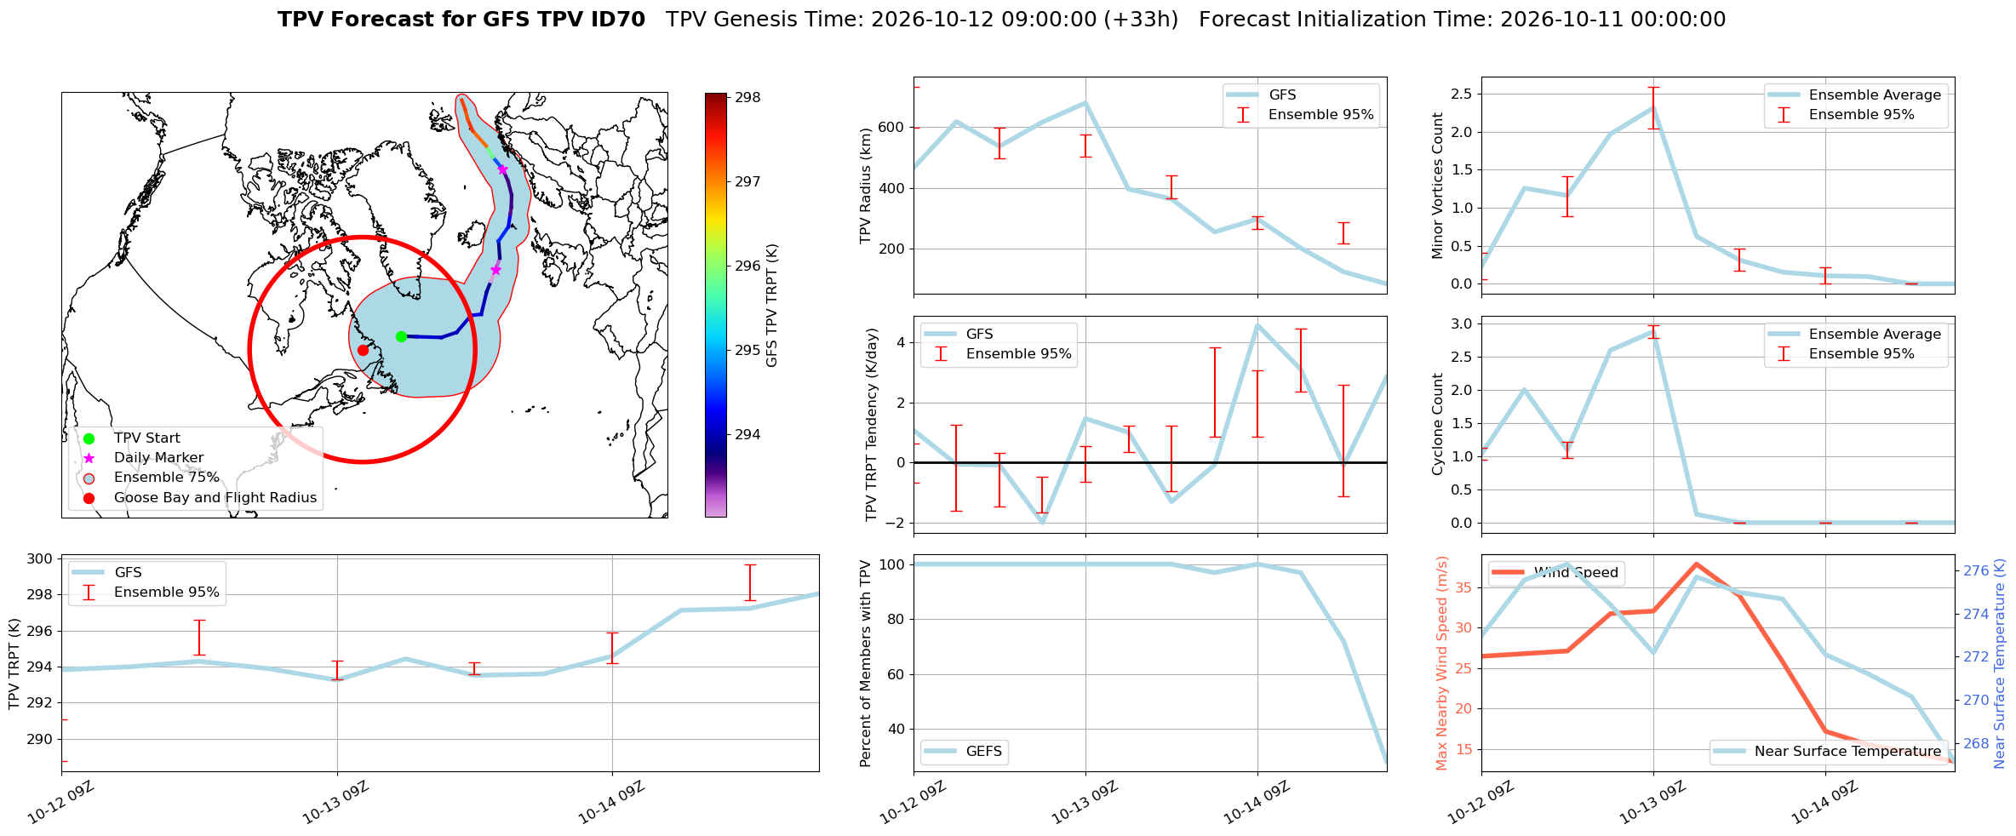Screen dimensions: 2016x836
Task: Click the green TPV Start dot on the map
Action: click(401, 336)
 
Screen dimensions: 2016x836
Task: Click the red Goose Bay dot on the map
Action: click(363, 350)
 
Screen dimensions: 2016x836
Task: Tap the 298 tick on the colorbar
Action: click(748, 98)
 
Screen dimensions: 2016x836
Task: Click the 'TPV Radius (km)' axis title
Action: click(867, 186)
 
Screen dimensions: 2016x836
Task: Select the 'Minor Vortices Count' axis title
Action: click(1438, 186)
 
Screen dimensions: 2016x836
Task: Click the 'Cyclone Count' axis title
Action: click(1438, 424)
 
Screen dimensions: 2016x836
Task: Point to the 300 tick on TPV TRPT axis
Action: click(42, 559)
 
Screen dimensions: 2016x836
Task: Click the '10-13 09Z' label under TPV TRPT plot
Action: click(335, 803)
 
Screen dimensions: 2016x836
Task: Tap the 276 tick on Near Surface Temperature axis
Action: click(1976, 570)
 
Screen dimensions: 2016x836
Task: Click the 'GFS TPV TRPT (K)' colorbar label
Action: click(772, 306)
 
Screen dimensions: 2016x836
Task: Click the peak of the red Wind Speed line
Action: click(1696, 564)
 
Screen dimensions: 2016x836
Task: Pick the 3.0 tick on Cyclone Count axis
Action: click(1460, 324)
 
